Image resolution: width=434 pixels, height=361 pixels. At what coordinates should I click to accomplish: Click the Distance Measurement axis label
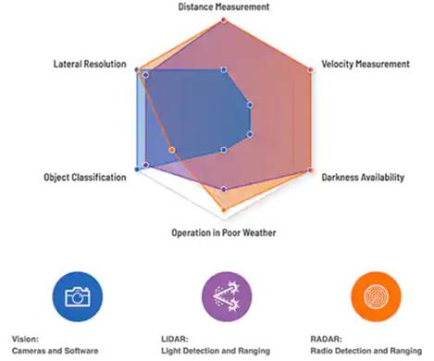tap(224, 6)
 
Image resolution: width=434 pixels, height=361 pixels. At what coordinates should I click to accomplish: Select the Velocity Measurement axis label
tap(365, 64)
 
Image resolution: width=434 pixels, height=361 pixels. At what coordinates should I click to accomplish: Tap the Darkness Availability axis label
tap(362, 177)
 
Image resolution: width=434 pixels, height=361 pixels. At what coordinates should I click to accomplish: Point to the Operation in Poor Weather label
tap(223, 231)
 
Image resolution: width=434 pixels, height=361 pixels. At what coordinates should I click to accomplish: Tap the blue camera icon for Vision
tap(76, 296)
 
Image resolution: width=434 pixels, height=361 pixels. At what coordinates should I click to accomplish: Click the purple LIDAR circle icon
tap(223, 296)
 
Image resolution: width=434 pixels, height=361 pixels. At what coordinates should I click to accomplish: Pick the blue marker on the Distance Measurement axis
tap(224, 69)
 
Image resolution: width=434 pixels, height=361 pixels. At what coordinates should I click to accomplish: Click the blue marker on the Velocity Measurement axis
tap(249, 105)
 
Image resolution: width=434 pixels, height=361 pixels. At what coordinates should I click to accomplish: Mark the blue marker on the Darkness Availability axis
tap(249, 134)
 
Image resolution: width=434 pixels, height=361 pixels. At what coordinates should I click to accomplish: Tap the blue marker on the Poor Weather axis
tap(224, 150)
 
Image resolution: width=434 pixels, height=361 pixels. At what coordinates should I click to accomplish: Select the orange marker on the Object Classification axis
tap(172, 150)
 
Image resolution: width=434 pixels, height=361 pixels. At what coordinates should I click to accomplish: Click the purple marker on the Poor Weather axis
tap(224, 190)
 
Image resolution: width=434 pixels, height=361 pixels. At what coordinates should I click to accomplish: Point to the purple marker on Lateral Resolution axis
tap(145, 74)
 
